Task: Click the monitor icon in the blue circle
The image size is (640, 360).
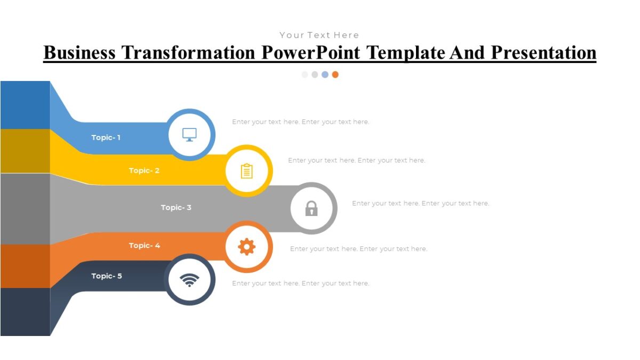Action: (x=189, y=134)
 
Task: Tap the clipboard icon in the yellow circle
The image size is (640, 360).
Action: (x=246, y=171)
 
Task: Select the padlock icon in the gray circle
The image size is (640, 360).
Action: (x=311, y=208)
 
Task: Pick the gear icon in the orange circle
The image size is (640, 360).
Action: (x=246, y=246)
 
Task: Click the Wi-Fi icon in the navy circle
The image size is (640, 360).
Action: (x=189, y=279)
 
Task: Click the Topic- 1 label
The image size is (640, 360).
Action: (x=106, y=138)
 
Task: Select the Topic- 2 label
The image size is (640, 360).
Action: (x=144, y=171)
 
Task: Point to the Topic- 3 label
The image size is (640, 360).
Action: (x=176, y=207)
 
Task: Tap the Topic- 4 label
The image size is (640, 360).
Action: (x=144, y=245)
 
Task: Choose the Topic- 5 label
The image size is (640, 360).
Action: (x=106, y=276)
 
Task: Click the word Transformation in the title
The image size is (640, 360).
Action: (x=188, y=52)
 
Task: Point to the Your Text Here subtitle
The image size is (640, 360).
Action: (x=319, y=35)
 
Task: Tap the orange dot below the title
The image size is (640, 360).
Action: (x=335, y=75)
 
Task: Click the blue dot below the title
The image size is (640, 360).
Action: (x=325, y=75)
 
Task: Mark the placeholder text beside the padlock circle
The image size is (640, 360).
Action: (x=420, y=203)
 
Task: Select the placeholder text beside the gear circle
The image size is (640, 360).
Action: (x=358, y=249)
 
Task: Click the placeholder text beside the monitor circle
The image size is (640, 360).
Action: (x=300, y=122)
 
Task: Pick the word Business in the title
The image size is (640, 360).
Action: (x=79, y=52)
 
